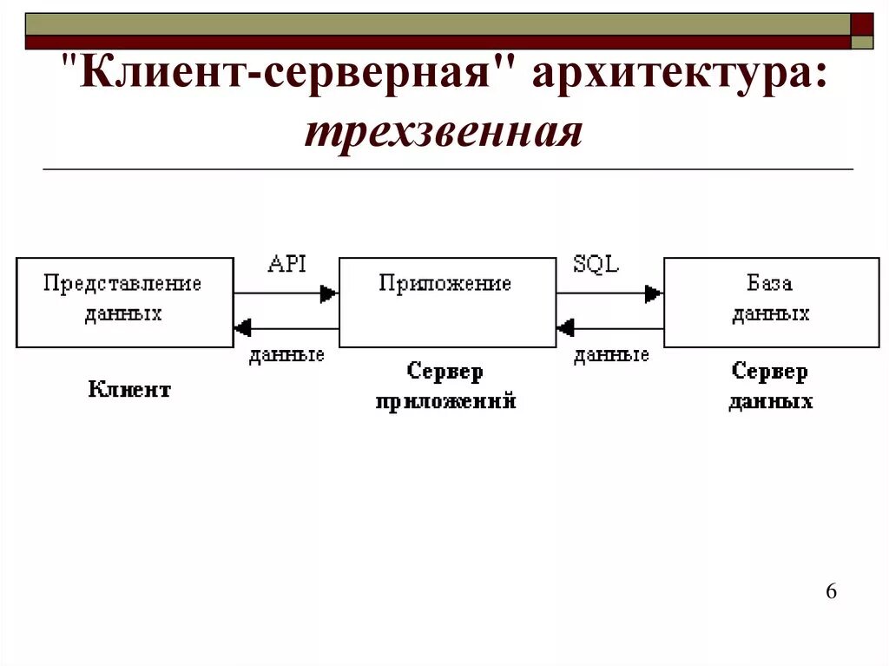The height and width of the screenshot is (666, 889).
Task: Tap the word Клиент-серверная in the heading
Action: [x=291, y=76]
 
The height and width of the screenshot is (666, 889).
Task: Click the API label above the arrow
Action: [x=286, y=264]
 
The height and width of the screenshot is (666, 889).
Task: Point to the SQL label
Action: [x=596, y=264]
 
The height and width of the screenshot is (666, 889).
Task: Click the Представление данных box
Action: [x=125, y=302]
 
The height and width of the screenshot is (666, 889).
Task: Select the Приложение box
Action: [x=447, y=302]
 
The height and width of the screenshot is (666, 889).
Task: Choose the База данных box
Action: [x=771, y=302]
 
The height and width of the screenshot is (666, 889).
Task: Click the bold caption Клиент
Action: [x=129, y=390]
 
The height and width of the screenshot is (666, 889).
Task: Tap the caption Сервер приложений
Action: [x=446, y=386]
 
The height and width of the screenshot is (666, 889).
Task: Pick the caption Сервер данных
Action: [x=770, y=386]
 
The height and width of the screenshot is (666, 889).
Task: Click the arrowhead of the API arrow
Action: [x=329, y=293]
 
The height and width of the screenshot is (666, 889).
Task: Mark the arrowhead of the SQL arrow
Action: [x=654, y=293]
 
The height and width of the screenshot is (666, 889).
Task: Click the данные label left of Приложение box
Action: [x=286, y=355]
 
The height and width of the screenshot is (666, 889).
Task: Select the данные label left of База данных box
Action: [x=611, y=355]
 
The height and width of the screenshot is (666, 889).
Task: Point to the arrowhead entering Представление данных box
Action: [x=243, y=328]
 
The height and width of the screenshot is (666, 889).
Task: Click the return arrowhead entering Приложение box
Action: [x=566, y=328]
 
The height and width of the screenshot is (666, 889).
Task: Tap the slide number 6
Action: [x=831, y=592]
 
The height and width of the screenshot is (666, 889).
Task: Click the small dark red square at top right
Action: [x=862, y=23]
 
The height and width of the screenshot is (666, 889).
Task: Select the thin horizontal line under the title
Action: [x=447, y=168]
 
